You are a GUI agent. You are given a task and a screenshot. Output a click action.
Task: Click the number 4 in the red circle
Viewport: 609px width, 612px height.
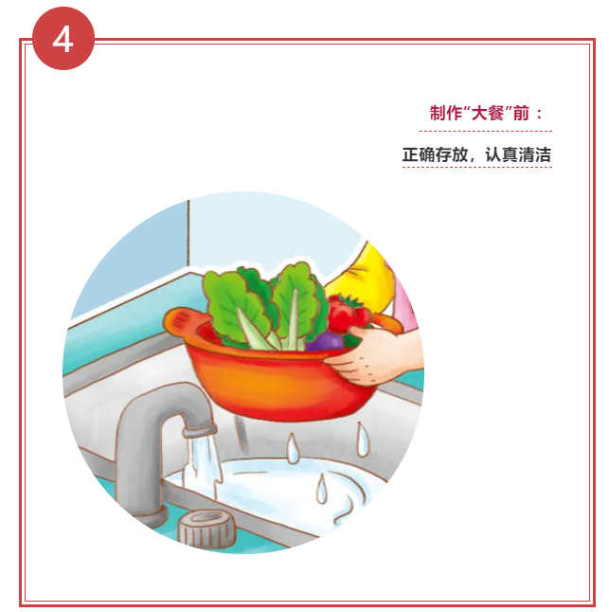point(63,40)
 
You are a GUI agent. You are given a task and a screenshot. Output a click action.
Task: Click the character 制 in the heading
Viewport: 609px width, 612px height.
point(438,113)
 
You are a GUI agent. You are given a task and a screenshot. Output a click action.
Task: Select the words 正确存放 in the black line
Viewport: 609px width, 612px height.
point(435,154)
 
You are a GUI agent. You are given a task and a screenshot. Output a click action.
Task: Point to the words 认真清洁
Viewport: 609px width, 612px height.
point(518,154)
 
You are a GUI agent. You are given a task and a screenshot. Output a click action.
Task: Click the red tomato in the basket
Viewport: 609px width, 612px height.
point(347,314)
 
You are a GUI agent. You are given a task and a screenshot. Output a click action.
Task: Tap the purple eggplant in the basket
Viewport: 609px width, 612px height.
point(326,341)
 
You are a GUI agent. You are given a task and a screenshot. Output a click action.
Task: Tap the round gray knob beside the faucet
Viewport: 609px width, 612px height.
point(207,529)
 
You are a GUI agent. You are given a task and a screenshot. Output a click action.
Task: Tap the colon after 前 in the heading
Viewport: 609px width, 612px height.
point(539,114)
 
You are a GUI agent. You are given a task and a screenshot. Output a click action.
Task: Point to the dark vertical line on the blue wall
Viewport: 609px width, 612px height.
point(188,233)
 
